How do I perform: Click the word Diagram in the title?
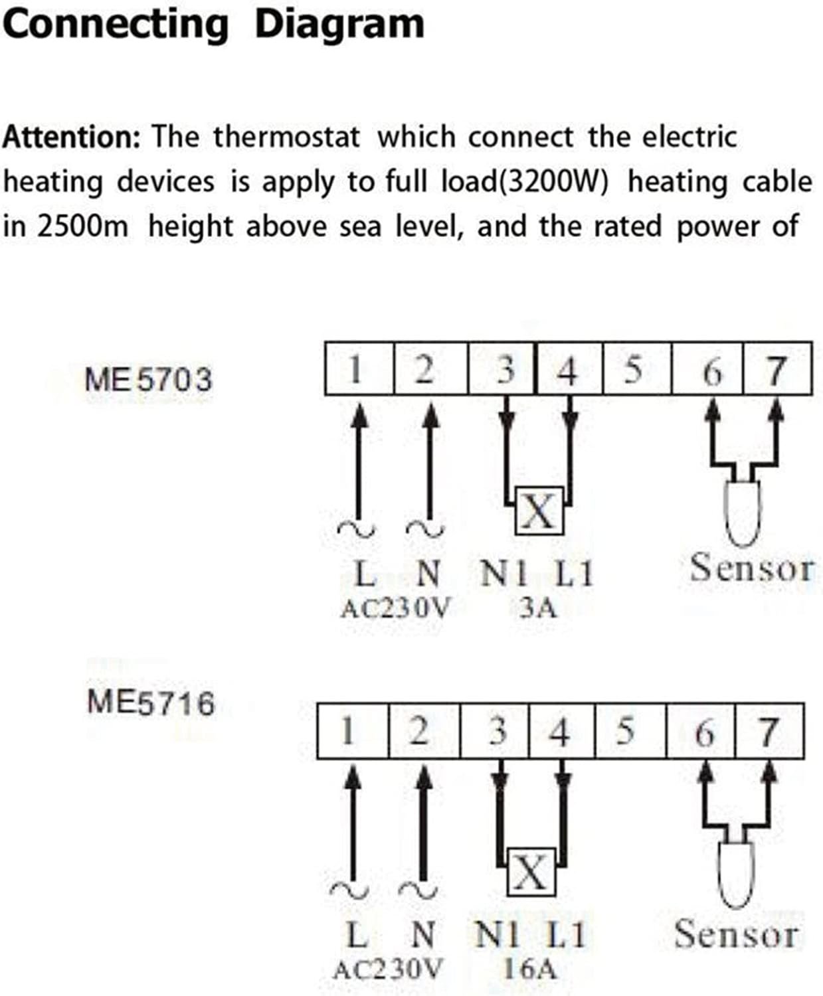click(x=339, y=25)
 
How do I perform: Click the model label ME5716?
click(x=151, y=703)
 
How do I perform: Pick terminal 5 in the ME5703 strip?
click(x=634, y=369)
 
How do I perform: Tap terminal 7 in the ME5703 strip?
click(x=777, y=369)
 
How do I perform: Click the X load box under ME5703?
click(x=539, y=511)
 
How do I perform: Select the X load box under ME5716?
click(x=531, y=872)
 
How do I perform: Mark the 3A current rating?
click(x=537, y=608)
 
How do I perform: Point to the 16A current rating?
click(x=529, y=969)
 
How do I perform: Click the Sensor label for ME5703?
click(x=751, y=568)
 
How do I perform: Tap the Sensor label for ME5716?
click(x=736, y=934)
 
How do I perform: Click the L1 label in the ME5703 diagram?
click(x=573, y=574)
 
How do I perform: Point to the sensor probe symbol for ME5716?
click(x=736, y=873)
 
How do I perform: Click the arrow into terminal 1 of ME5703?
click(x=359, y=458)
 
